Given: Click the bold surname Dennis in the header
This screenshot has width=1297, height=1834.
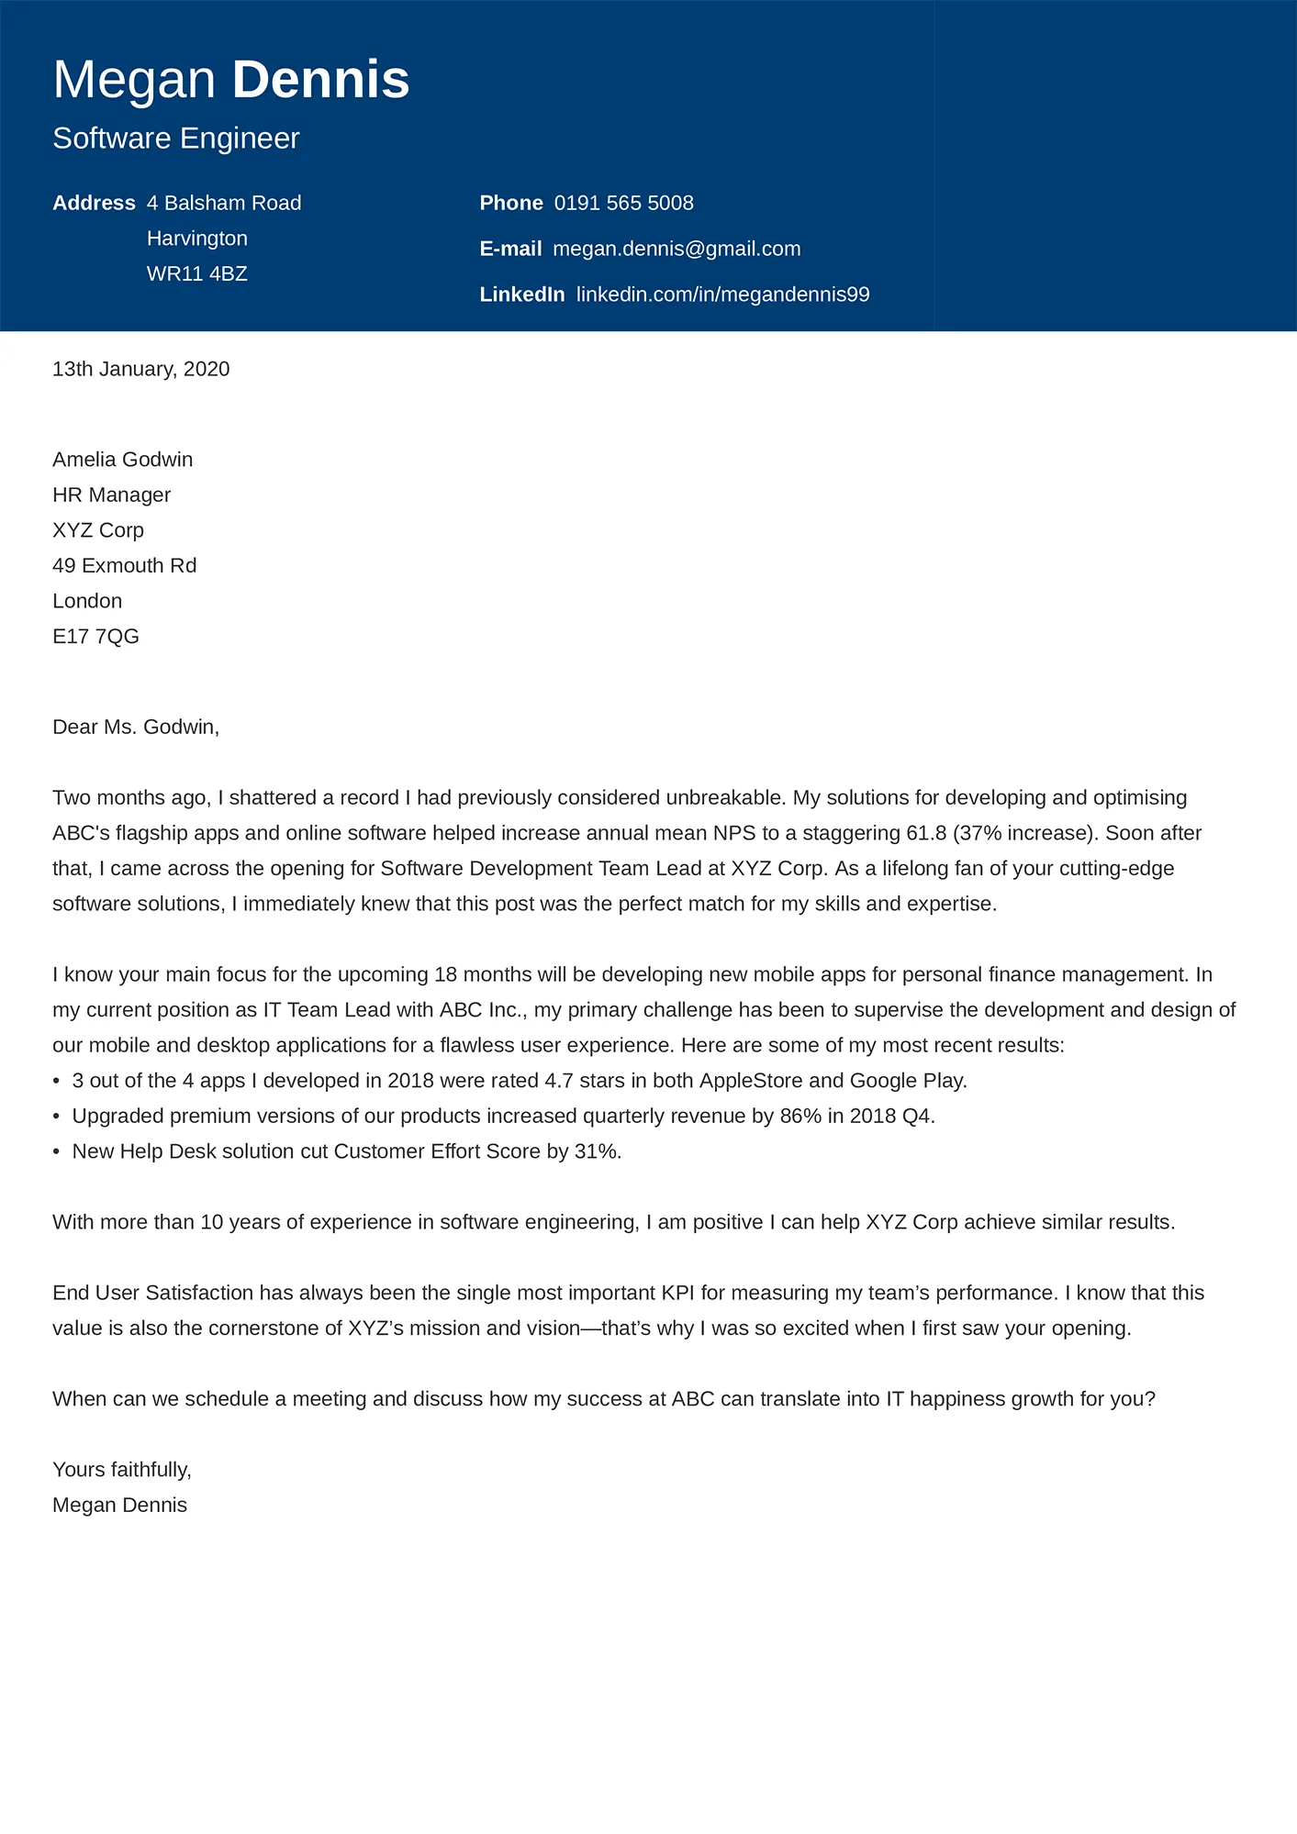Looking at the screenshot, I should tap(320, 80).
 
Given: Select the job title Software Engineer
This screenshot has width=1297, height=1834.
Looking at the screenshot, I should tap(176, 139).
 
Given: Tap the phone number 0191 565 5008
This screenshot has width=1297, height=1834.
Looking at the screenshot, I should tap(623, 203).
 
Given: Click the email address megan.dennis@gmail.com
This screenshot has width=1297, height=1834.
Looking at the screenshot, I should tap(676, 249).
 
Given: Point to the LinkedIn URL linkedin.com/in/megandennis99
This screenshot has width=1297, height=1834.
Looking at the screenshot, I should tap(722, 295).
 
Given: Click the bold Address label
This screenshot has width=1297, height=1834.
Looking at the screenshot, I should tap(94, 203).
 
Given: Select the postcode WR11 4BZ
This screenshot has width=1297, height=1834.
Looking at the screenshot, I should tap(197, 274).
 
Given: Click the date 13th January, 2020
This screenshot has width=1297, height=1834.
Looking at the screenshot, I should tap(140, 369).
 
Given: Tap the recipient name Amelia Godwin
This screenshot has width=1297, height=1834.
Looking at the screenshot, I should tap(122, 460).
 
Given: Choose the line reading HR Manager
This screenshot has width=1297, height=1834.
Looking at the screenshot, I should tap(111, 495).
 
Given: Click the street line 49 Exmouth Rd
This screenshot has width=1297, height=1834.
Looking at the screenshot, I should tap(124, 566).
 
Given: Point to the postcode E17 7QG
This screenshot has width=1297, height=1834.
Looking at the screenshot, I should tap(95, 637).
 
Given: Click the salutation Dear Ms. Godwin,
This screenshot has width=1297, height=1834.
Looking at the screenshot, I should tap(136, 728).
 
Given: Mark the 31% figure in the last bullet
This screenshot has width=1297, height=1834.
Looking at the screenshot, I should tap(596, 1151).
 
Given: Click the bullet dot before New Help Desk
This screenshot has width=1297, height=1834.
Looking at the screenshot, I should tap(57, 1152).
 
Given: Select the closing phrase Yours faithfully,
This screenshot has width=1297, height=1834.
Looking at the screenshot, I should tap(122, 1470).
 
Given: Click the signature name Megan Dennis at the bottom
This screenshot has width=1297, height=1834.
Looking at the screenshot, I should tap(119, 1506).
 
